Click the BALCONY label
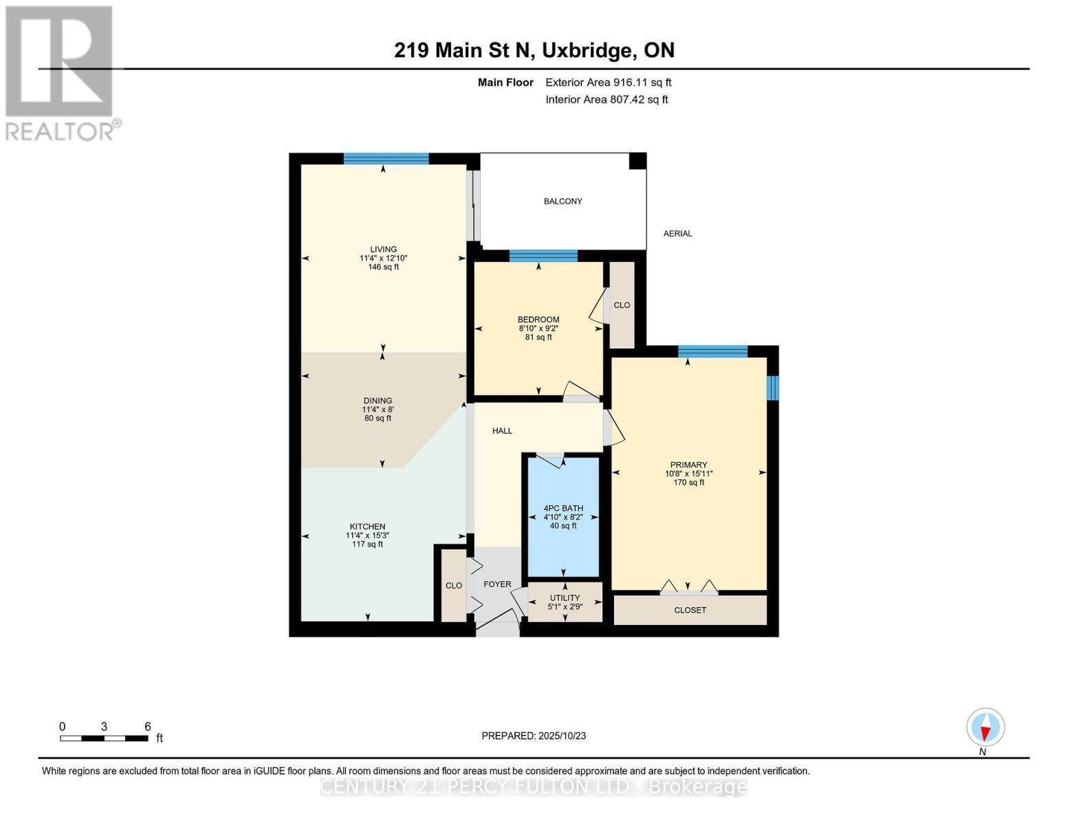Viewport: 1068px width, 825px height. coord(563,201)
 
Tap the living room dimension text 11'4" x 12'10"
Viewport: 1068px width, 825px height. coord(383,258)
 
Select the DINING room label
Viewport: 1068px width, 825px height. coord(378,401)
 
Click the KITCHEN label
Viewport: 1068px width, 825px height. coord(367,527)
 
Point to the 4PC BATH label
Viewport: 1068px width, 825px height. coord(563,508)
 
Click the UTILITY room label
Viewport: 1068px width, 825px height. coord(565,598)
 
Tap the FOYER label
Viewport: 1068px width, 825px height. coord(497,584)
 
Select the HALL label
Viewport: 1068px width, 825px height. coord(502,431)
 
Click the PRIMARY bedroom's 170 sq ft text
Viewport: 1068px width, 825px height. coord(688,483)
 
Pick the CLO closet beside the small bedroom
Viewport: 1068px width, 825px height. coord(622,305)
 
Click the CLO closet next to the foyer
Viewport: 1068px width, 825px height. coord(454,586)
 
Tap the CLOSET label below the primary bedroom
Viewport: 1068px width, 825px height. coord(690,610)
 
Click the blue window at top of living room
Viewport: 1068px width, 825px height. coord(386,159)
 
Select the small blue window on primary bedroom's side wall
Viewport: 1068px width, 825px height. coord(772,388)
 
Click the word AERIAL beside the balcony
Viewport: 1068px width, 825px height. coord(677,234)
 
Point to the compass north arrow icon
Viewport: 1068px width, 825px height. coord(985,727)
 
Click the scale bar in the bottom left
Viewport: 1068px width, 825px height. coord(104,738)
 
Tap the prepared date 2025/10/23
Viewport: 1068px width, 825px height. coord(534,736)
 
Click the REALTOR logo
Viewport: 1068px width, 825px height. coord(61,73)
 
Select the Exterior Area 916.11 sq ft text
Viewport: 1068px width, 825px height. coord(608,82)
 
